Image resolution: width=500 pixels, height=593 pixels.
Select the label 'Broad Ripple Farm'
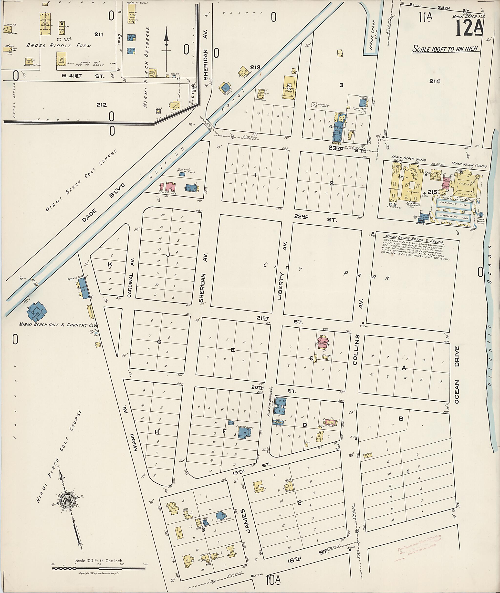[59, 45]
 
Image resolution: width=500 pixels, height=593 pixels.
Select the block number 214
[435, 81]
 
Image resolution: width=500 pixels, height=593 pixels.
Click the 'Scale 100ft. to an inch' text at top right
[446, 49]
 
